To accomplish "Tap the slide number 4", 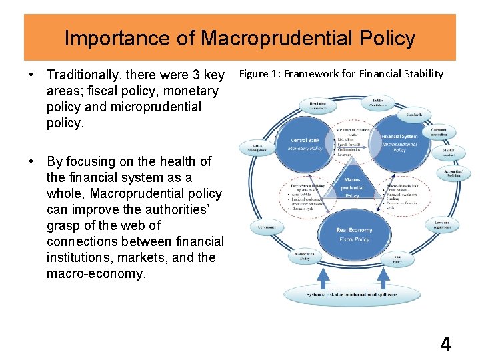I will (x=445, y=344).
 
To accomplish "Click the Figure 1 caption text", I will (x=341, y=73).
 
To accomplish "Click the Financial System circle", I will (x=400, y=143).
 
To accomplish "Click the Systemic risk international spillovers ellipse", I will (x=353, y=293).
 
